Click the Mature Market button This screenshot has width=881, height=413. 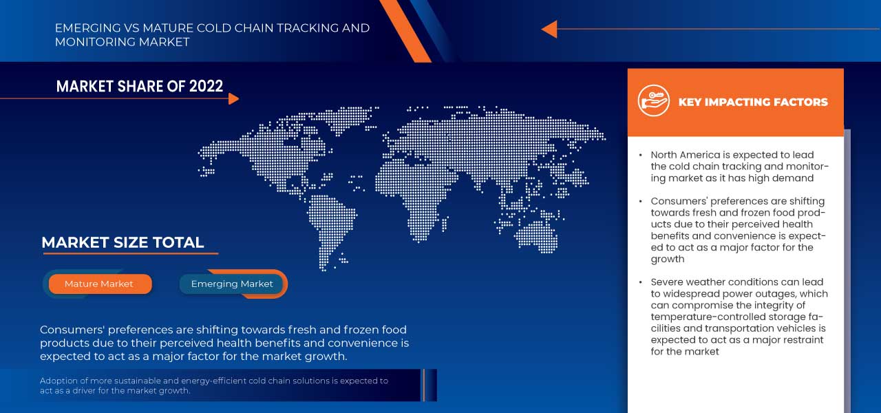click(x=99, y=284)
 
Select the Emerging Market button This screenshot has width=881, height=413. click(x=232, y=284)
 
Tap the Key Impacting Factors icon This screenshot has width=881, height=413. click(x=653, y=101)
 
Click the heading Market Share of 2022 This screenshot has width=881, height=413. click(x=140, y=86)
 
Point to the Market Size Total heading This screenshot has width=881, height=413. click(x=123, y=242)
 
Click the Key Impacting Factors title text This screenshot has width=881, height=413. click(x=753, y=102)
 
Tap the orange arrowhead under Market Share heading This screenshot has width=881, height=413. click(x=233, y=99)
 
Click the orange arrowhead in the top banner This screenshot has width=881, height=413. click(x=549, y=29)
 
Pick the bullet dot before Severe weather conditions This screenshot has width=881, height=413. click(x=641, y=282)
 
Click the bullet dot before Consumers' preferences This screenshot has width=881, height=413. click(x=641, y=202)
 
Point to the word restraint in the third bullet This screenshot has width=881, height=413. click(x=803, y=340)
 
